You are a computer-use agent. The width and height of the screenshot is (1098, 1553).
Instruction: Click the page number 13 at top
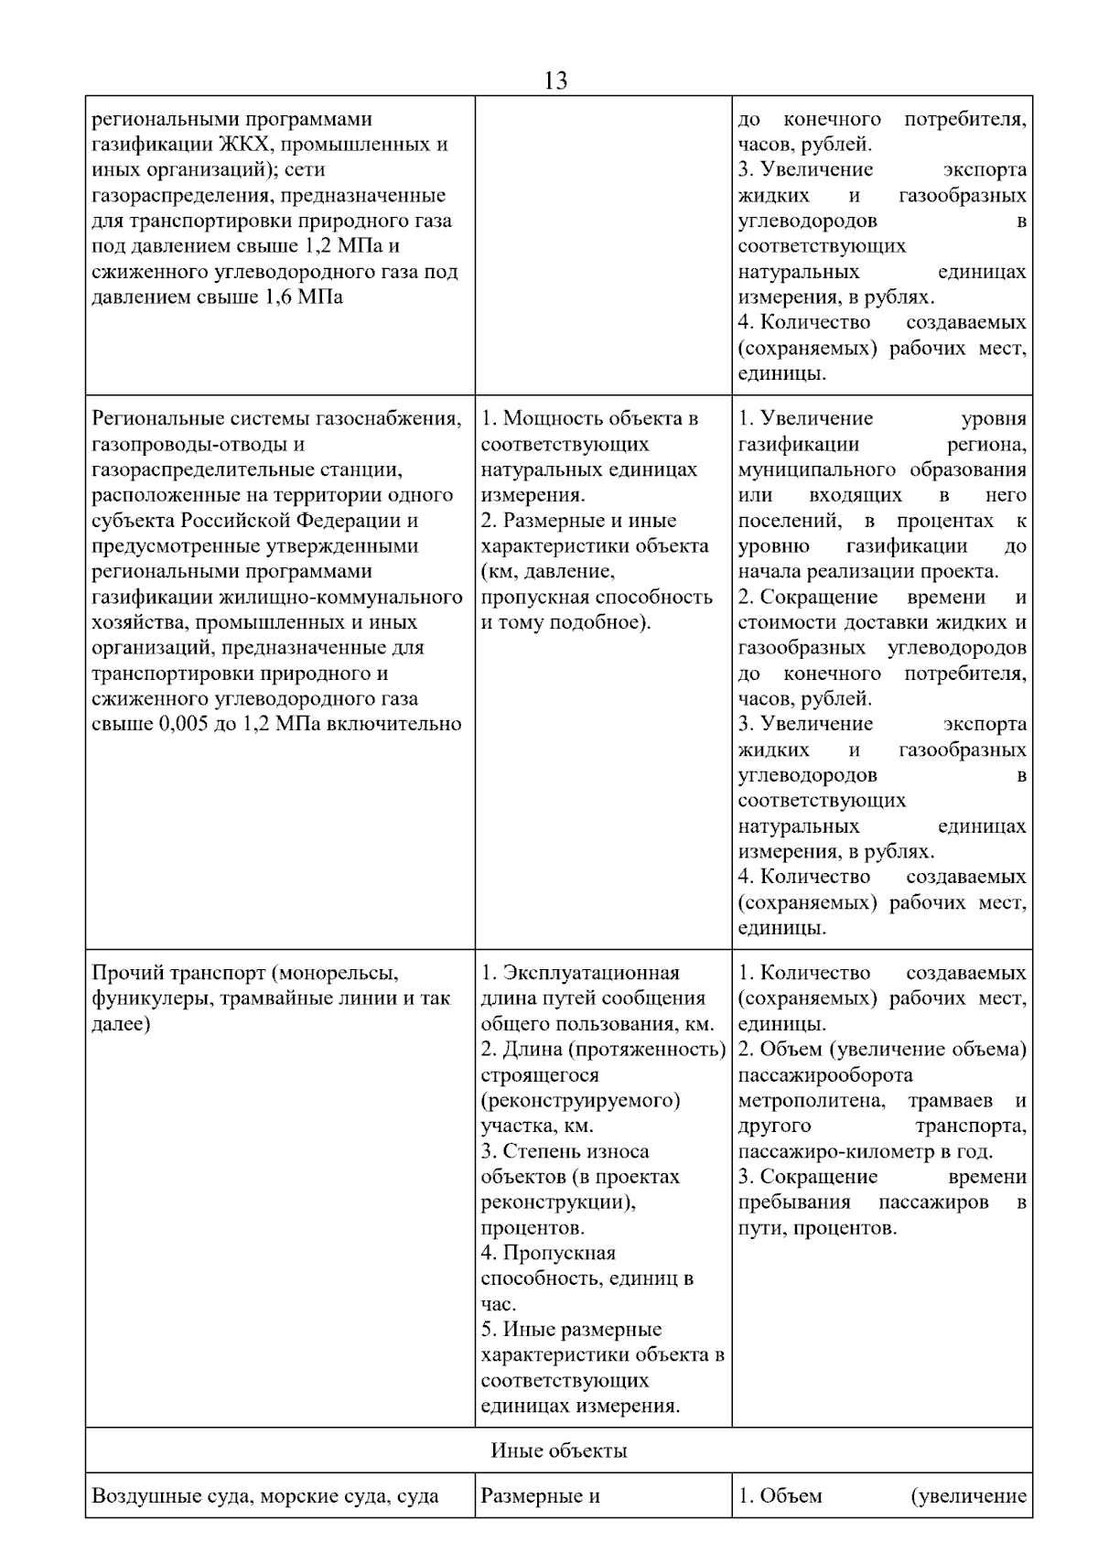pyautogui.click(x=555, y=81)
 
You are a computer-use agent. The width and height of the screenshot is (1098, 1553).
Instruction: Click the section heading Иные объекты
pyautogui.click(x=558, y=1451)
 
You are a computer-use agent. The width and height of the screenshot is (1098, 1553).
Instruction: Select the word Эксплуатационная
pyautogui.click(x=591, y=973)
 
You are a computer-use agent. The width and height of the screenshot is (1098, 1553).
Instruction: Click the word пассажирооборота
pyautogui.click(x=825, y=1075)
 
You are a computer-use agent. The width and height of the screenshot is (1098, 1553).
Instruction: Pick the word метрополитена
pyautogui.click(x=811, y=1101)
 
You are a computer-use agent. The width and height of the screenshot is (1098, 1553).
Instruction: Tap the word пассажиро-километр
pyautogui.click(x=841, y=1152)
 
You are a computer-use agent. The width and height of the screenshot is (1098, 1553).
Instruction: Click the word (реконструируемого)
pyautogui.click(x=581, y=1100)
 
